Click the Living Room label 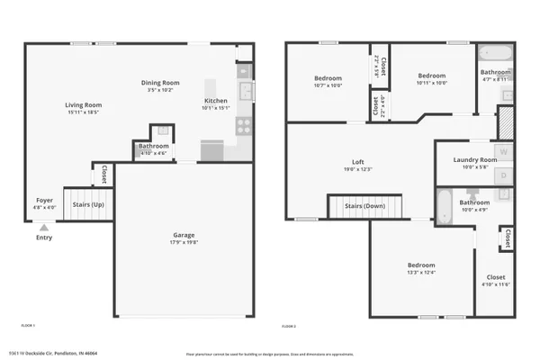click(82, 105)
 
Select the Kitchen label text click(215, 100)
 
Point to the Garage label click(184, 235)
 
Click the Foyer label click(44, 200)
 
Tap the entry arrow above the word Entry click(43, 229)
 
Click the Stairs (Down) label click(364, 206)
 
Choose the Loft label click(357, 162)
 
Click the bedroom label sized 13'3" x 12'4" click(421, 265)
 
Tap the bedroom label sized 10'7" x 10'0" click(328, 78)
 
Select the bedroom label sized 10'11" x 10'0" click(431, 76)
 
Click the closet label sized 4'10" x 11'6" click(496, 277)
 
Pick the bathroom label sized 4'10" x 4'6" click(154, 146)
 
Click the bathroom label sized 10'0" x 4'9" click(473, 202)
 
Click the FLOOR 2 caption click(289, 326)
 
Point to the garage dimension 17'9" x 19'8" click(184, 242)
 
